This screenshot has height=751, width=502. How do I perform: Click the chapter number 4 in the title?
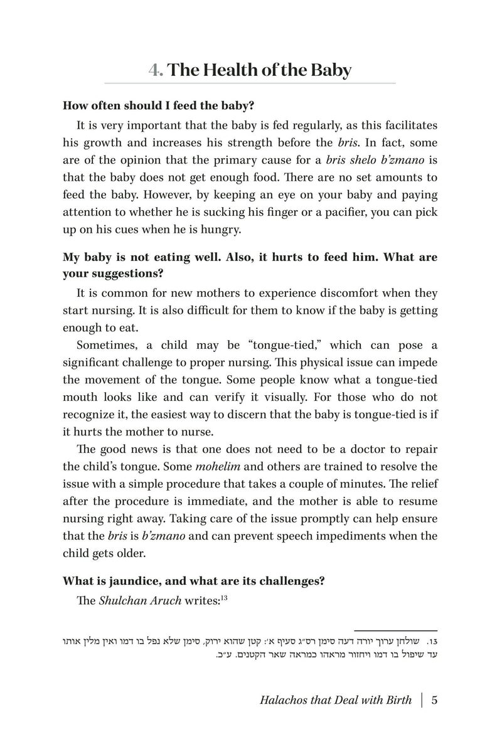pyautogui.click(x=154, y=70)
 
